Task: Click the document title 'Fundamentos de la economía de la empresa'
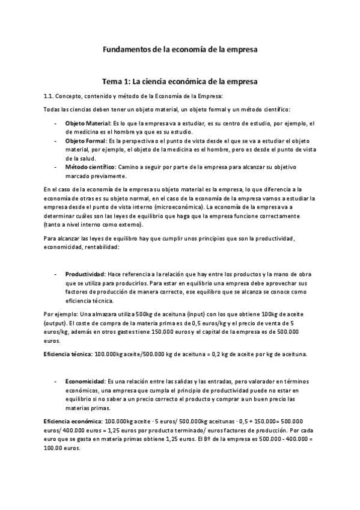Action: pyautogui.click(x=180, y=51)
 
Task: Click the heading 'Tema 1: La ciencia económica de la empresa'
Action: pyautogui.click(x=180, y=81)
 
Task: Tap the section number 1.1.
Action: pyautogui.click(x=50, y=96)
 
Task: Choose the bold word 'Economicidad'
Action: pyautogui.click(x=85, y=381)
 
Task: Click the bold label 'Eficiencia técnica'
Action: pyautogui.click(x=66, y=354)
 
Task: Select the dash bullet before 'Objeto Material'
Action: pyautogui.click(x=55, y=123)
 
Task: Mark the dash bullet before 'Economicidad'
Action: pyautogui.click(x=55, y=381)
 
